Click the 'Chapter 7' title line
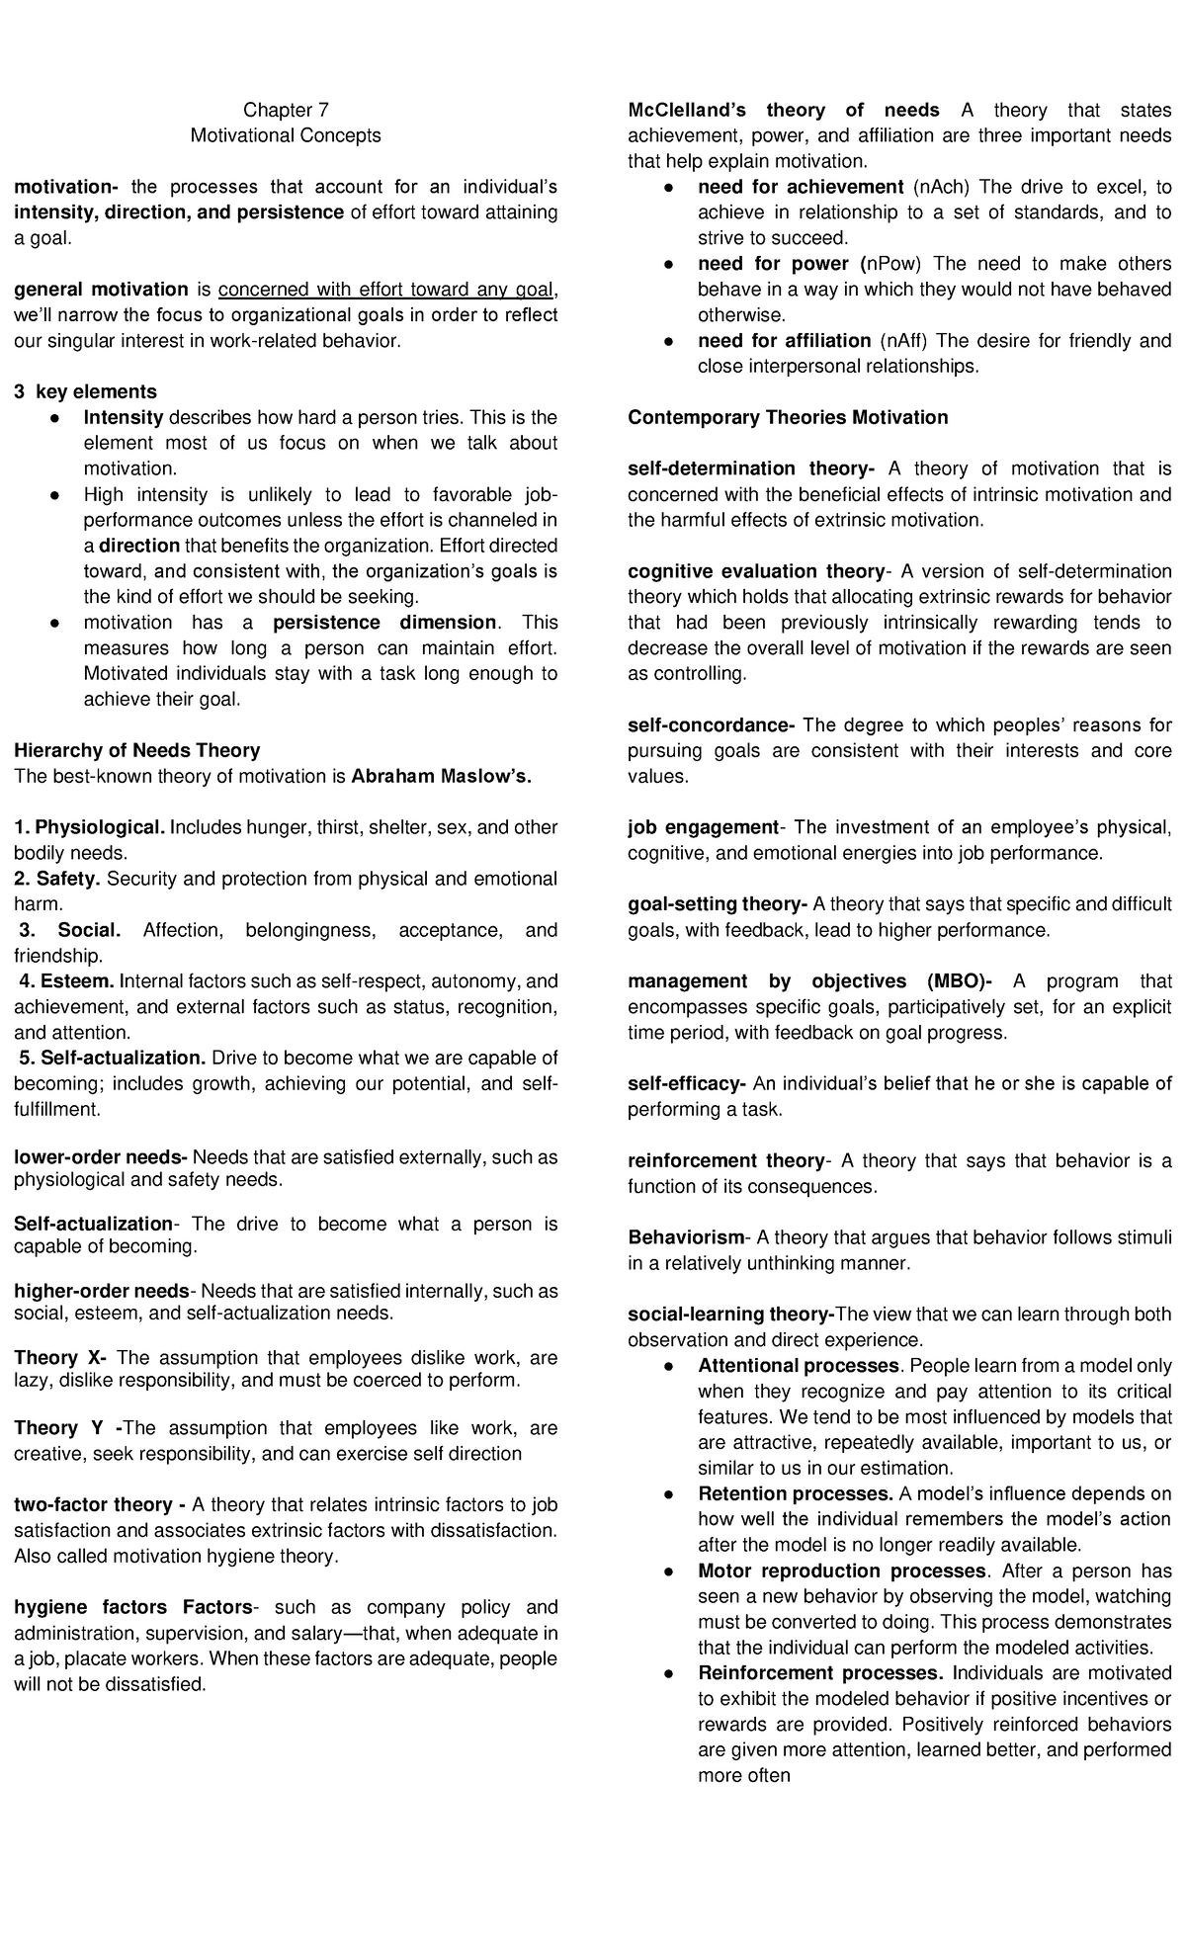pos(286,110)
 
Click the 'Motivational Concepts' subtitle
pos(286,135)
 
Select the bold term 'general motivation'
pos(101,290)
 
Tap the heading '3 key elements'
pos(85,392)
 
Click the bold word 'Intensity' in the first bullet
pos(124,418)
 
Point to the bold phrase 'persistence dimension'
pos(384,623)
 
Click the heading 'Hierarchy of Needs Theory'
pos(136,750)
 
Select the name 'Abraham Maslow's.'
pos(441,776)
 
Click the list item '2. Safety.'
pos(57,879)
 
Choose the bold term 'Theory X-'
pos(60,1358)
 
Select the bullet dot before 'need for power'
pos(669,265)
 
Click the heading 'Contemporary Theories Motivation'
pos(788,418)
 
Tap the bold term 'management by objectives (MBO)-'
pos(810,981)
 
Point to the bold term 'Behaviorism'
pos(686,1237)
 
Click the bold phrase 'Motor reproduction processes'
pos(842,1571)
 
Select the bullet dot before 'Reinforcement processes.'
pos(669,1674)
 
